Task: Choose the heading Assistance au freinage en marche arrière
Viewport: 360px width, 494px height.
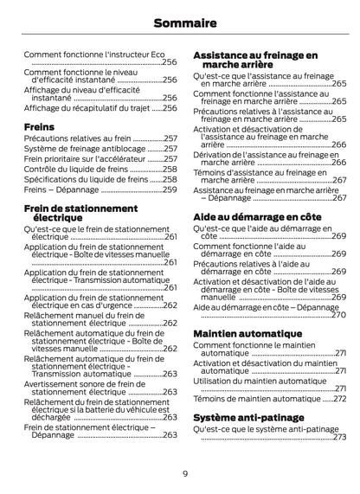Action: point(254,60)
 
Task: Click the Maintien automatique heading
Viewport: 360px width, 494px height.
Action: point(246,333)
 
